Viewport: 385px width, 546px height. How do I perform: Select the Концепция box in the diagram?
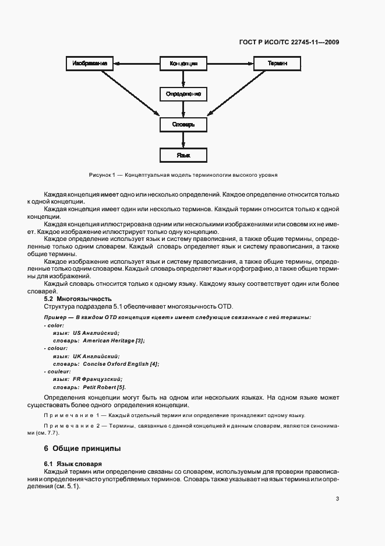click(x=183, y=62)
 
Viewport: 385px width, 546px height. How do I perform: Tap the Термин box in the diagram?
click(x=277, y=62)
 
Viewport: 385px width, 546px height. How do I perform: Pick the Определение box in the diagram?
click(x=183, y=93)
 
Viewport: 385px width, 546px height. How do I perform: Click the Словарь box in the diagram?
click(x=183, y=124)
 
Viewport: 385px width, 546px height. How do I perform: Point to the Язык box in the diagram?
click(x=183, y=155)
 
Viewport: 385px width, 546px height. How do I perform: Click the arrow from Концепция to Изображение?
click(x=136, y=62)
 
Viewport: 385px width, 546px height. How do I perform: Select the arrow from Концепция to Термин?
click(x=230, y=62)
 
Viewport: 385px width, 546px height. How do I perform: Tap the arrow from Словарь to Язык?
click(x=183, y=139)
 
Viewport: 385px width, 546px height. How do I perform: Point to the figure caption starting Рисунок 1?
click(x=183, y=174)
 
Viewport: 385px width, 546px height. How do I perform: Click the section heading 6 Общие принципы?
click(x=82, y=449)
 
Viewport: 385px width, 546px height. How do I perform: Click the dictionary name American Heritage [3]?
click(x=114, y=340)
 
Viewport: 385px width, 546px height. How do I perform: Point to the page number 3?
click(x=338, y=499)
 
